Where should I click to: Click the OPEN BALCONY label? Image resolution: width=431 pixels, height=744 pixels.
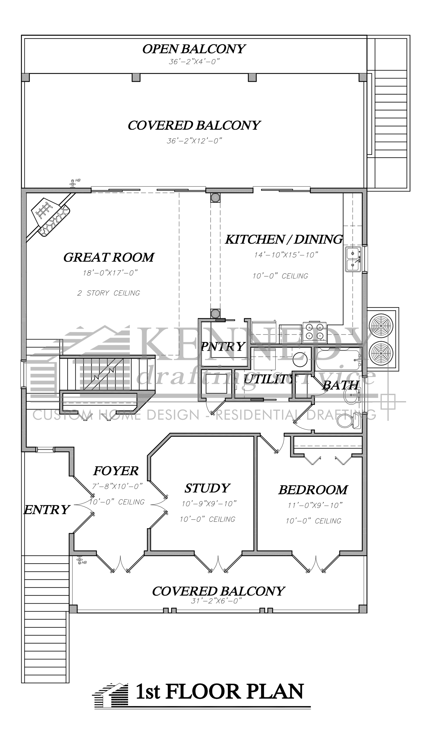193,49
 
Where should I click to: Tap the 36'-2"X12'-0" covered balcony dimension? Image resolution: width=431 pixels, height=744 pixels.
194,141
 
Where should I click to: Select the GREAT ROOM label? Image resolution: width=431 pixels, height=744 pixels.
109,257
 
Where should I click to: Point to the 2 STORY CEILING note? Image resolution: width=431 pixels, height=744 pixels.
108,293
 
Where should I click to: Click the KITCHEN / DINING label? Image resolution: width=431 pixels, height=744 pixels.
284,239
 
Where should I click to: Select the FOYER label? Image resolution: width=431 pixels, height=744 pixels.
116,471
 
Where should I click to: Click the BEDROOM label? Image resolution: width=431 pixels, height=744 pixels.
313,490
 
